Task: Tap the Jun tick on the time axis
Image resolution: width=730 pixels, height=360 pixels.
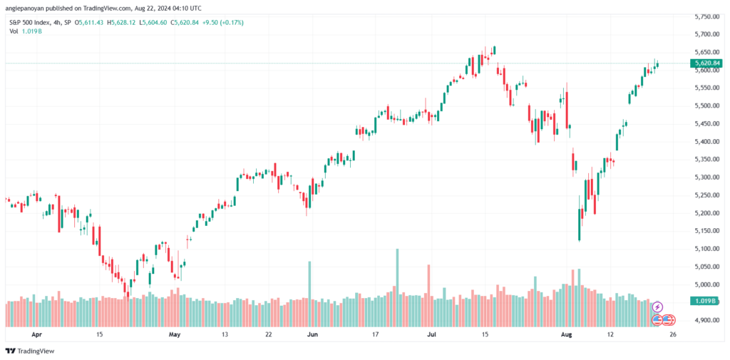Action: (311, 334)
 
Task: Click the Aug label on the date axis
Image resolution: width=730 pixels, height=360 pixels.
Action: (567, 334)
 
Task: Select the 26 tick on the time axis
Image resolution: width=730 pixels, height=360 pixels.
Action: (673, 334)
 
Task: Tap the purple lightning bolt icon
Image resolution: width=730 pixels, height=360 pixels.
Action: (657, 307)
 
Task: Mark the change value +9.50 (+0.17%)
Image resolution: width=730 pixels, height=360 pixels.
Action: (224, 23)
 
